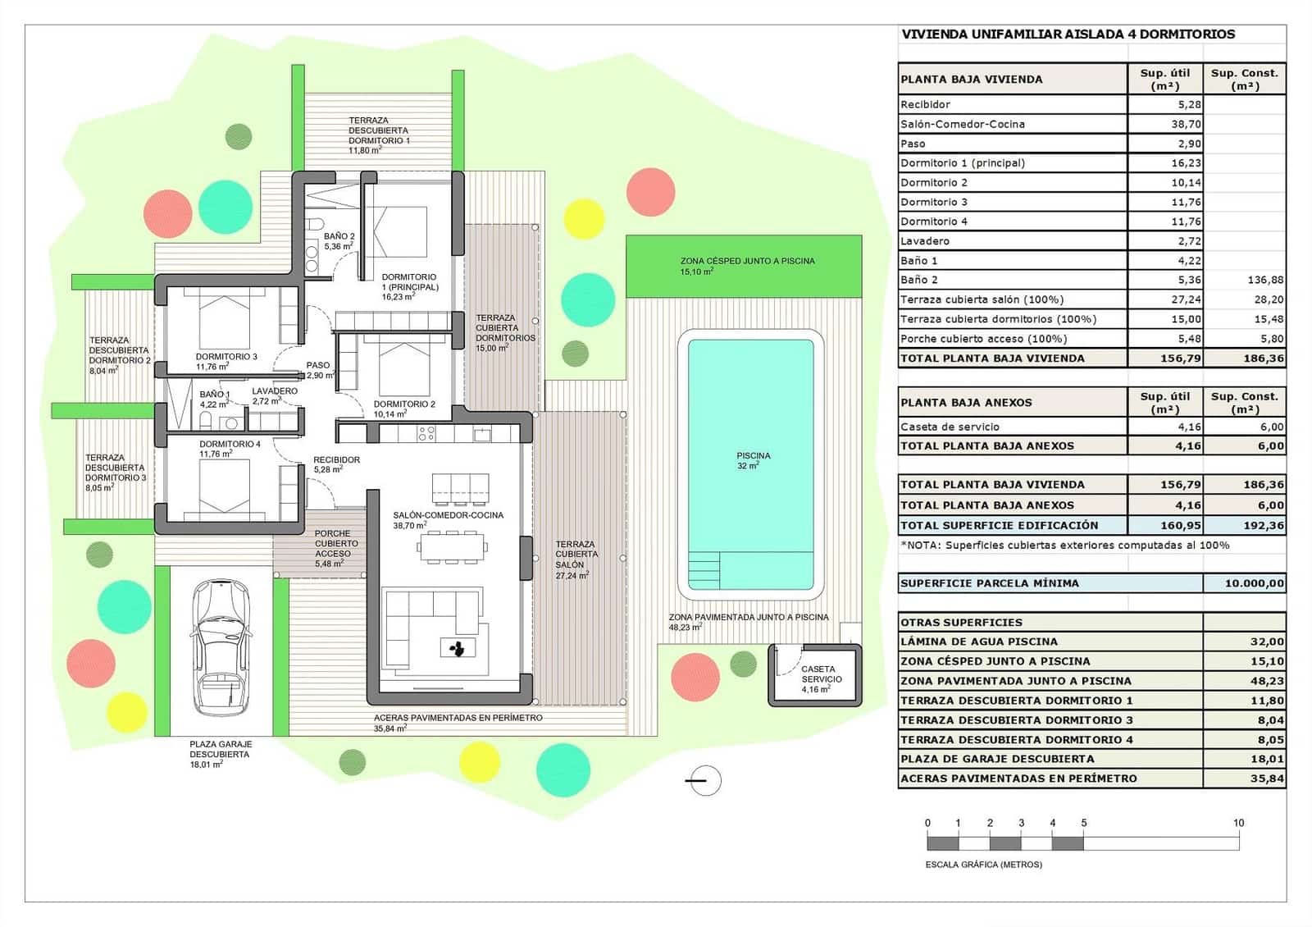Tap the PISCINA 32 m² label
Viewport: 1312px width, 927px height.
click(753, 460)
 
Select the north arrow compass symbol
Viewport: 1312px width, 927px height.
click(704, 781)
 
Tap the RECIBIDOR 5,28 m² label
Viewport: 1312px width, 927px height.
click(336, 464)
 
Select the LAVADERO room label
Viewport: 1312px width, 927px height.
click(275, 391)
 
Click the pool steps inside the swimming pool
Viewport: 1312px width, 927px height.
click(704, 570)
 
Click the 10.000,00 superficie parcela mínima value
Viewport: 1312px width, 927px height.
click(1254, 583)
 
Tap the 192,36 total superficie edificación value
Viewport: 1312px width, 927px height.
click(1264, 525)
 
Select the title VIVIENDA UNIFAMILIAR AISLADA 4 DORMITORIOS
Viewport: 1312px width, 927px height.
click(1068, 34)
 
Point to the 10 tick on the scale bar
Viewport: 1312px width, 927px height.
click(1238, 823)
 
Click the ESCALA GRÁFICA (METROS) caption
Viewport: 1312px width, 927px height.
click(983, 864)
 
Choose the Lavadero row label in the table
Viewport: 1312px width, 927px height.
click(925, 241)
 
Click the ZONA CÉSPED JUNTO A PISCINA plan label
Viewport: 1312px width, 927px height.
click(747, 261)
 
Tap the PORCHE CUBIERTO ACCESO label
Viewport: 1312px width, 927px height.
click(336, 543)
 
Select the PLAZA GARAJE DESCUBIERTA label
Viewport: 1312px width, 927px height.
click(220, 749)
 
